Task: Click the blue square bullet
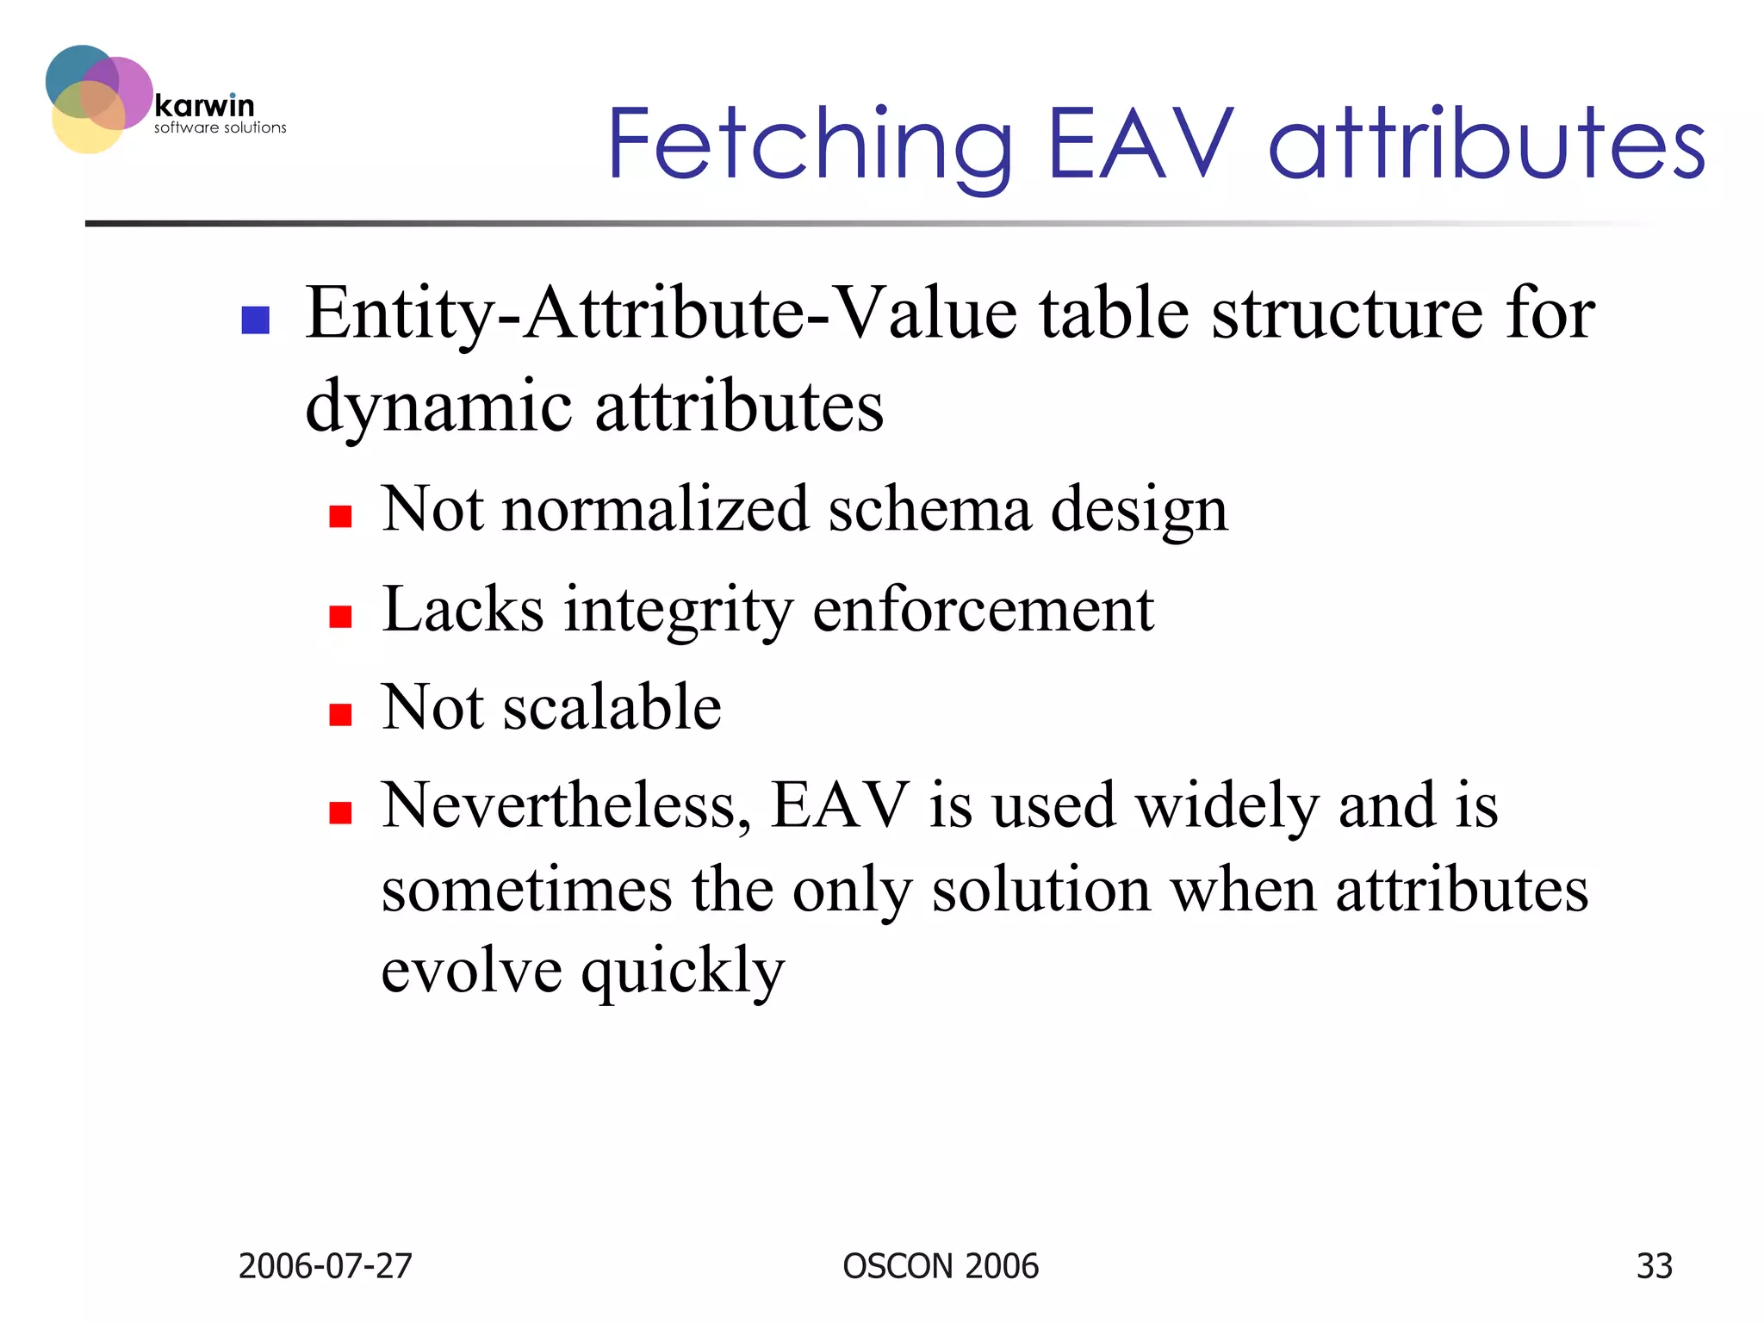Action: click(x=256, y=320)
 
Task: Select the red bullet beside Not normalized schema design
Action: click(x=341, y=516)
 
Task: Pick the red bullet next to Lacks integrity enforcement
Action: click(x=341, y=616)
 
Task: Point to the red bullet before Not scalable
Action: click(x=341, y=714)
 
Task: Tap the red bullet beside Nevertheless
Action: click(x=341, y=812)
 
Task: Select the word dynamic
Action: click(x=438, y=407)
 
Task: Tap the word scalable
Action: click(x=612, y=707)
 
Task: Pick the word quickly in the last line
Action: click(x=682, y=972)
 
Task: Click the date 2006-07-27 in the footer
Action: click(x=325, y=1266)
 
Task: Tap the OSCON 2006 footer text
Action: click(x=941, y=1266)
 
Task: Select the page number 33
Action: click(x=1654, y=1266)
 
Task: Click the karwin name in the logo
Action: click(x=205, y=106)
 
